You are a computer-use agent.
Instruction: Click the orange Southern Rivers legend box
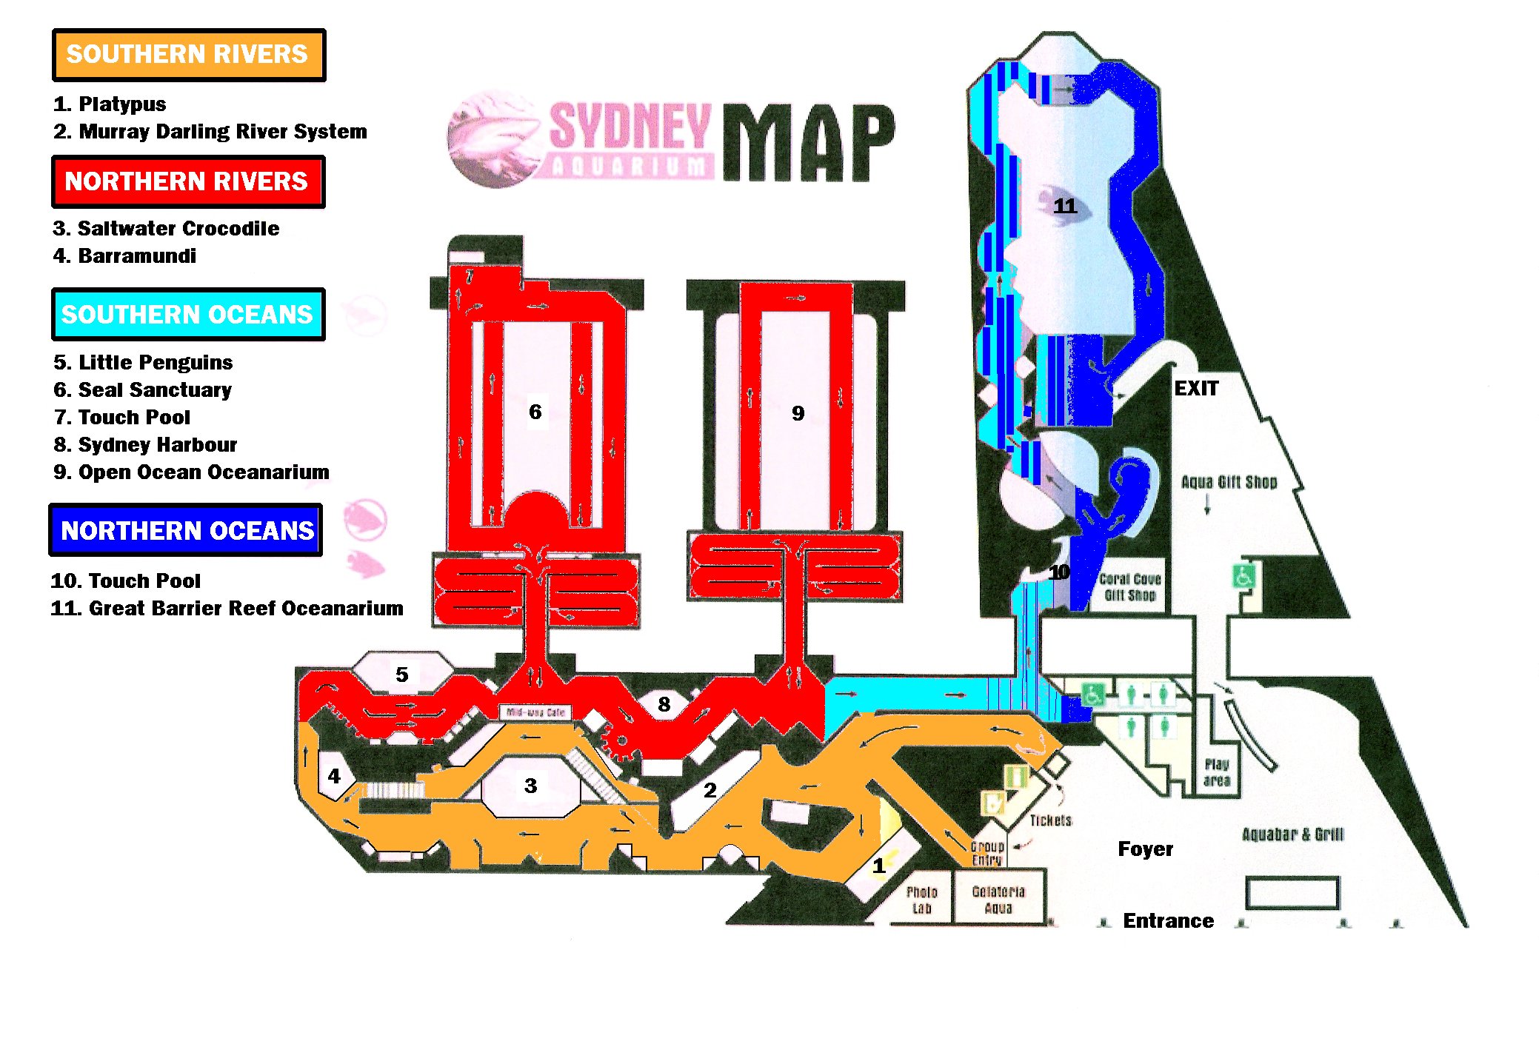[x=188, y=55]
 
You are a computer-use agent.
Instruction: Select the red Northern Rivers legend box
[x=187, y=181]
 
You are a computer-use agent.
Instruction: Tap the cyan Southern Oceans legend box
[x=187, y=315]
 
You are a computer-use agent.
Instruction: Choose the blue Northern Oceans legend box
[x=186, y=530]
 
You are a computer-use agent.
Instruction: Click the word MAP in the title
[x=809, y=142]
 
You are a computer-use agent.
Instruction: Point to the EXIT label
[x=1195, y=389]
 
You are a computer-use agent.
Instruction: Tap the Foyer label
[x=1145, y=849]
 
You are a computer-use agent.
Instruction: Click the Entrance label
[x=1168, y=920]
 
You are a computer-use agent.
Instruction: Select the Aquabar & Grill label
[x=1292, y=834]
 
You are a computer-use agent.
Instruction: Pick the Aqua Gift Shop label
[x=1229, y=482]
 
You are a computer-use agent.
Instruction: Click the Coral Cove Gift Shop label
[x=1129, y=587]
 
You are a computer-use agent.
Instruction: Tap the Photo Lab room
[x=921, y=900]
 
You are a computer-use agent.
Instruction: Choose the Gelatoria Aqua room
[x=998, y=900]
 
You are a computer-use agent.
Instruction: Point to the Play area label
[x=1216, y=772]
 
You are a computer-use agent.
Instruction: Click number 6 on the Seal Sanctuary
[x=535, y=412]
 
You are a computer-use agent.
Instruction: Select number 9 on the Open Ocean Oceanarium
[x=798, y=413]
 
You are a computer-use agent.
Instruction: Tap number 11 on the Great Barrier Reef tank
[x=1065, y=206]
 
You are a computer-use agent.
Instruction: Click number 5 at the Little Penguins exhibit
[x=401, y=675]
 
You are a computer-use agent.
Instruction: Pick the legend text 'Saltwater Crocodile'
[x=178, y=228]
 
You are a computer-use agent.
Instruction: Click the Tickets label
[x=1050, y=820]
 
